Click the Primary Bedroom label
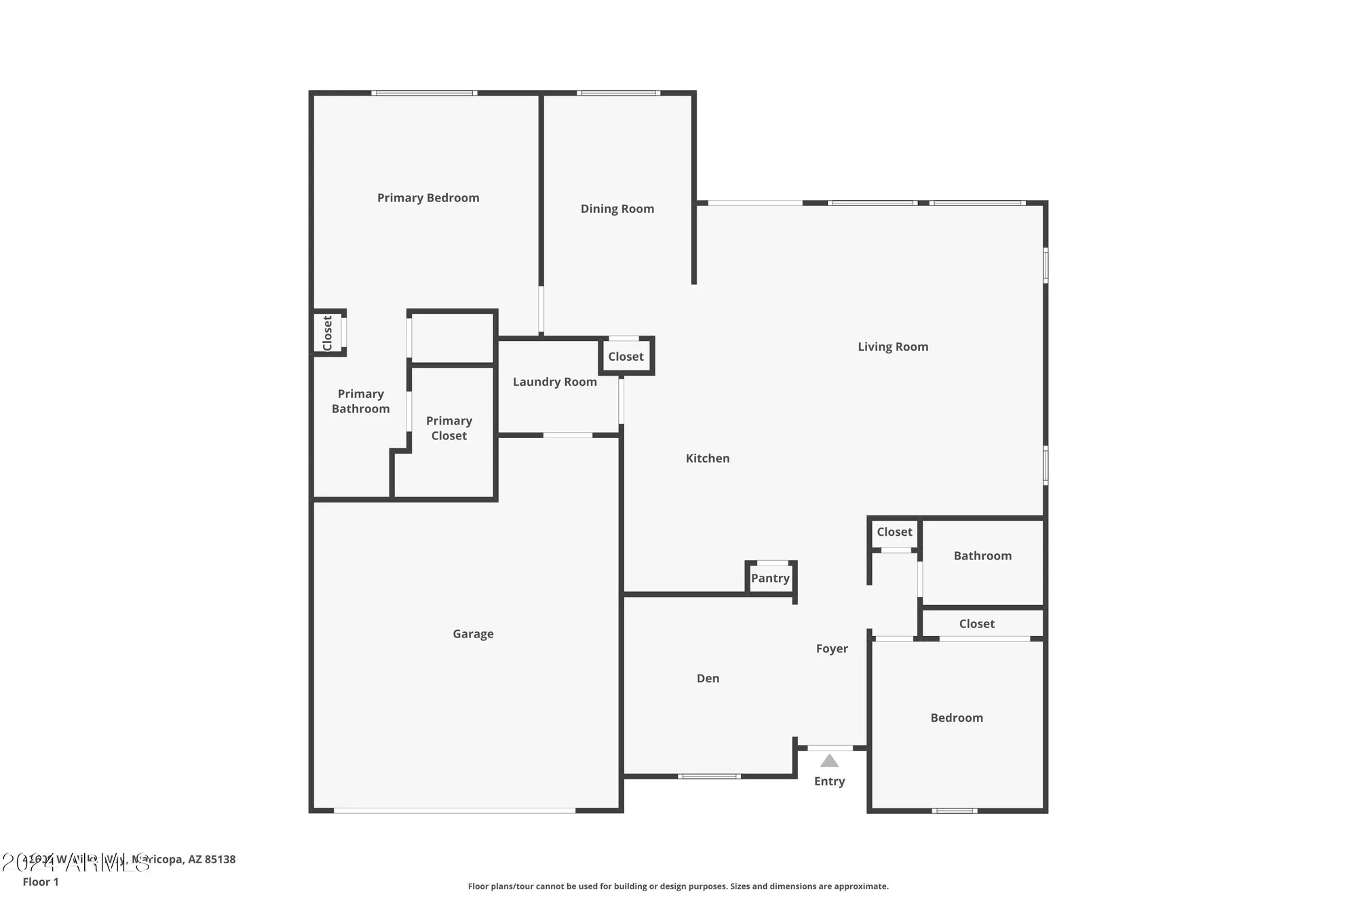(428, 198)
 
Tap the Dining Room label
(617, 209)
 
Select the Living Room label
(893, 347)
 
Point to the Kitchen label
(708, 458)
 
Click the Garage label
(473, 634)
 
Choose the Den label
(708, 678)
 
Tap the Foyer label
(832, 649)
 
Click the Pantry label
(770, 578)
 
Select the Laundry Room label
(555, 382)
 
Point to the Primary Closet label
(449, 429)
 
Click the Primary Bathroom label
(361, 401)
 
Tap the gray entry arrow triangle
(829, 761)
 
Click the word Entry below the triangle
(829, 781)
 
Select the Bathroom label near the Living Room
(982, 556)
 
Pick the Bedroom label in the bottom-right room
(957, 718)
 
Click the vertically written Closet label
(327, 333)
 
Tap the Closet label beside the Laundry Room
(626, 357)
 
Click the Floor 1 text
(41, 882)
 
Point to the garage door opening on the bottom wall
(455, 810)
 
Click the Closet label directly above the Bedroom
(976, 624)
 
